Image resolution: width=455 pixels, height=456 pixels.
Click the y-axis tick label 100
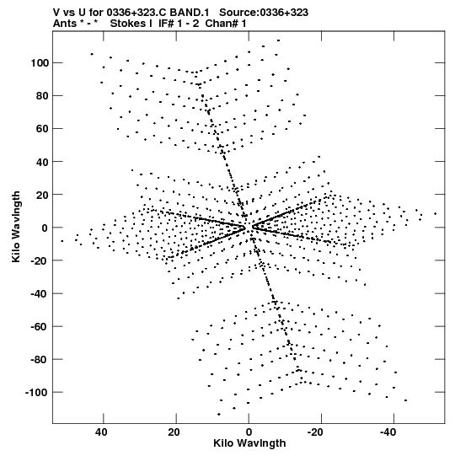point(39,63)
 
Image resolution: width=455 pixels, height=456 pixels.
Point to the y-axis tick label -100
point(35,393)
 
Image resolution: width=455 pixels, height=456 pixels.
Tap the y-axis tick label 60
point(41,129)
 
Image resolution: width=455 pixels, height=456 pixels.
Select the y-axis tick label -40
point(39,293)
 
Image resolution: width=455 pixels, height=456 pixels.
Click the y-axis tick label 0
point(44,228)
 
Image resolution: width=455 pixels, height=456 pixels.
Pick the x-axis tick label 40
point(101,432)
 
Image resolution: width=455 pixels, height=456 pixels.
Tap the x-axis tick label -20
point(315,432)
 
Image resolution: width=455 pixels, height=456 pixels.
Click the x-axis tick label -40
point(388,432)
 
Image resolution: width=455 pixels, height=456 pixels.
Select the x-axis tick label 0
point(249,432)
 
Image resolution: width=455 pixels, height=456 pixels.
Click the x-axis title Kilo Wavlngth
point(249,443)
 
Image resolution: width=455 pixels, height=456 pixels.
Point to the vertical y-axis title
point(16,227)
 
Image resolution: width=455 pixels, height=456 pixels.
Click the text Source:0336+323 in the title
point(264,13)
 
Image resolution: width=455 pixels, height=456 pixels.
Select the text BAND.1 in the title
point(190,13)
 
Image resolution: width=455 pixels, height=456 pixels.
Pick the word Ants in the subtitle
point(66,24)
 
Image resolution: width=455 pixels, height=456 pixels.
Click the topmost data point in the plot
point(278,40)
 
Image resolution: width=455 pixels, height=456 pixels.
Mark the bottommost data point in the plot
point(218,414)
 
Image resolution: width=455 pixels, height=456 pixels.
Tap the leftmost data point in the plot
point(62,241)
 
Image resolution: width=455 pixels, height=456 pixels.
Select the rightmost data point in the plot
point(436,214)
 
